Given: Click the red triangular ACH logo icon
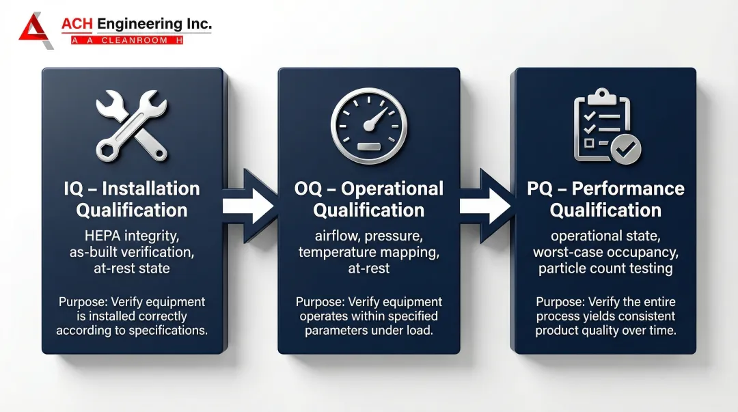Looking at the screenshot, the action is click(35, 31).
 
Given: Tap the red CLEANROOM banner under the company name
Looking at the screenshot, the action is click(127, 40).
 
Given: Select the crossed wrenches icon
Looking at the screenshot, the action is click(132, 126).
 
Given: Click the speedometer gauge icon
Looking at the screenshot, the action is click(369, 126).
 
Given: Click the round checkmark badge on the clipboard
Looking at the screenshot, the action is click(626, 149).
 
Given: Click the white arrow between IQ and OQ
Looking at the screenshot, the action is click(248, 206).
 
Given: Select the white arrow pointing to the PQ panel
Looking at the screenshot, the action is click(485, 206).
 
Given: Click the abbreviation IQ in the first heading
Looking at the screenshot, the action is click(73, 189).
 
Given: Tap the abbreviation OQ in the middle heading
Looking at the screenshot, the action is click(307, 189).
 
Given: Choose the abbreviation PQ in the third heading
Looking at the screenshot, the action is click(539, 189).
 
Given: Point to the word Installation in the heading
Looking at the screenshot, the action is click(151, 189).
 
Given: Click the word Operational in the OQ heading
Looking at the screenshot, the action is click(392, 189).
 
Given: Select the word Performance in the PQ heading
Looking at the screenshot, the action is click(628, 189).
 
